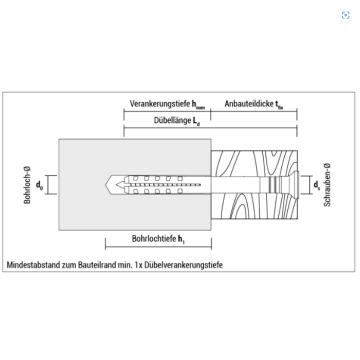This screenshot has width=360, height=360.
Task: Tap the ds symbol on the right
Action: coord(316,185)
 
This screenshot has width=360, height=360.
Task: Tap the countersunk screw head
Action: coord(295,184)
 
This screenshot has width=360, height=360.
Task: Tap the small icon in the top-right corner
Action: coord(345,14)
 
